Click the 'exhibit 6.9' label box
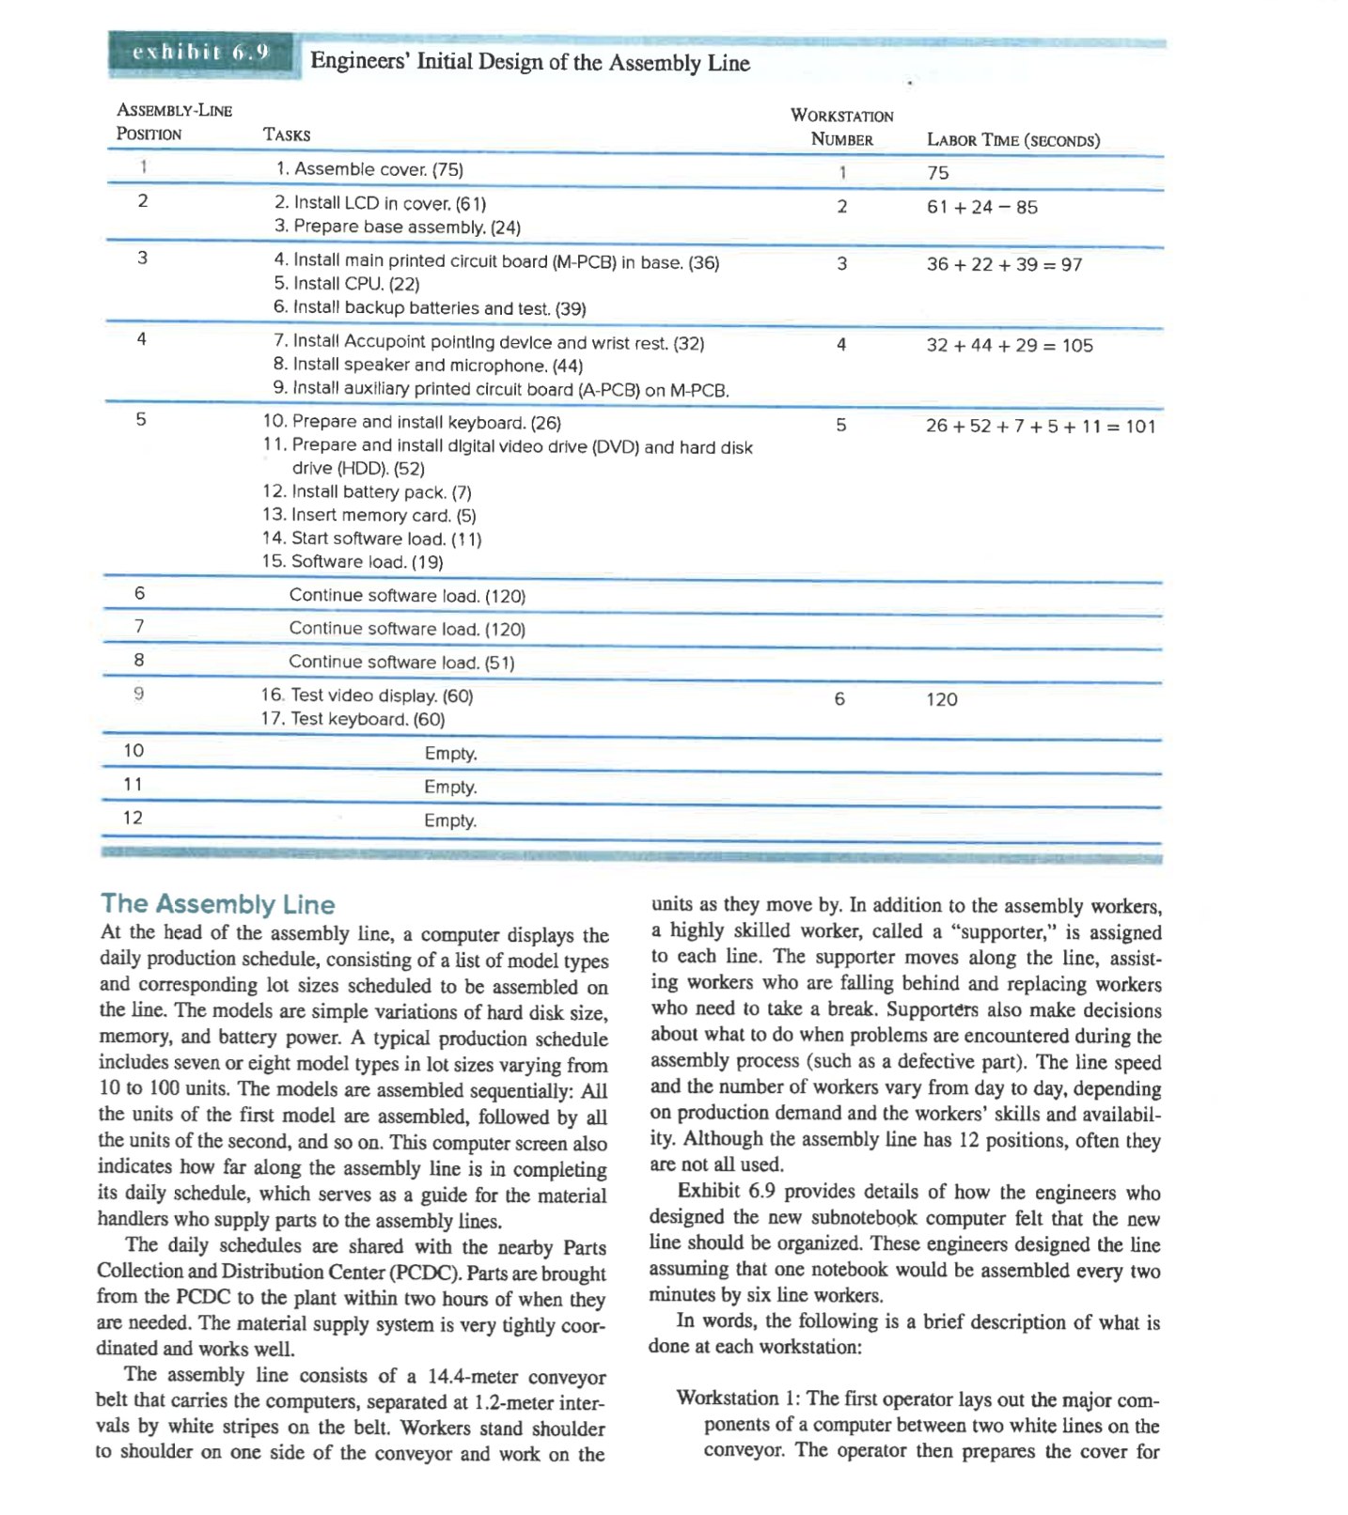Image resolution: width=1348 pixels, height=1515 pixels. [x=201, y=53]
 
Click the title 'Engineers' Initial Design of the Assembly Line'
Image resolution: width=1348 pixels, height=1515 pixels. [x=530, y=63]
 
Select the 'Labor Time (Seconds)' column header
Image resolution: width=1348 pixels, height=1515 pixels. [x=1012, y=140]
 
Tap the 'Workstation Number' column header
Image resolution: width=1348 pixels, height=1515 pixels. [x=841, y=127]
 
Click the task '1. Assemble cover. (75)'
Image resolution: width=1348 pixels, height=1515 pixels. [x=368, y=169]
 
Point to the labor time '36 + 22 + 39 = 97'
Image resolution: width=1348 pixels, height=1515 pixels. [x=1004, y=265]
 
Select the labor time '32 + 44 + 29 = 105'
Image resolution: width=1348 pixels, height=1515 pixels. [x=1009, y=346]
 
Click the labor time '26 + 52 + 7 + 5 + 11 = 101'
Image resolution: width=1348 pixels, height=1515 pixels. [x=1040, y=427]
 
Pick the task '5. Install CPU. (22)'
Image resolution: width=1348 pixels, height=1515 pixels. [x=346, y=284]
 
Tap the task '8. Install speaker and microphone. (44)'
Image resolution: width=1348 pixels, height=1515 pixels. [x=428, y=366]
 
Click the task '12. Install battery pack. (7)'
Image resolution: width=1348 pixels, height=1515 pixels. [x=367, y=492]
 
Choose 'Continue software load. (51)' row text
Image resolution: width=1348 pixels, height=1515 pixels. [x=401, y=663]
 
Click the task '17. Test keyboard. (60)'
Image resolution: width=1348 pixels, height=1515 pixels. [x=353, y=719]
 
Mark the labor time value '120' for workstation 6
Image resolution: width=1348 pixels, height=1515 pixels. [x=941, y=699]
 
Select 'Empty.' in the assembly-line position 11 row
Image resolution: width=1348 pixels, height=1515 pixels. [x=450, y=787]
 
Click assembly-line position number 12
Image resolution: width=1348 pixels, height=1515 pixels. [x=133, y=818]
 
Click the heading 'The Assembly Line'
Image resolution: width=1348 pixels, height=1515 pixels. [x=217, y=904]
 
